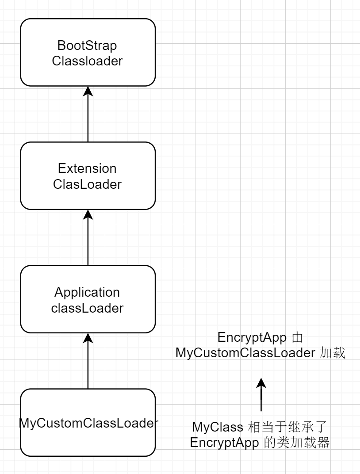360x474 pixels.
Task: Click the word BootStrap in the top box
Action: [87, 46]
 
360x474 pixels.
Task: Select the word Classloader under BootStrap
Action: [87, 61]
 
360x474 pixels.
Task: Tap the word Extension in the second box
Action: [87, 168]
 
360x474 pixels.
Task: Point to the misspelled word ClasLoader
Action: [87, 184]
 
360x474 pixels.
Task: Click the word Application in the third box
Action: [87, 292]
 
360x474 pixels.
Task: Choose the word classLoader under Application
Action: [87, 308]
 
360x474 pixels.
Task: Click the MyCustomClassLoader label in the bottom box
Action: [88, 423]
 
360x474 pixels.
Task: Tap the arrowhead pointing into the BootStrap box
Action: [88, 91]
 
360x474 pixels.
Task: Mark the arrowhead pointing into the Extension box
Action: [88, 214]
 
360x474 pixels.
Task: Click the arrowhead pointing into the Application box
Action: [88, 338]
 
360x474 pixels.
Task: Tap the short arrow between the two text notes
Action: [261, 396]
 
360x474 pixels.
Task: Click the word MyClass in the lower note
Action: [217, 427]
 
